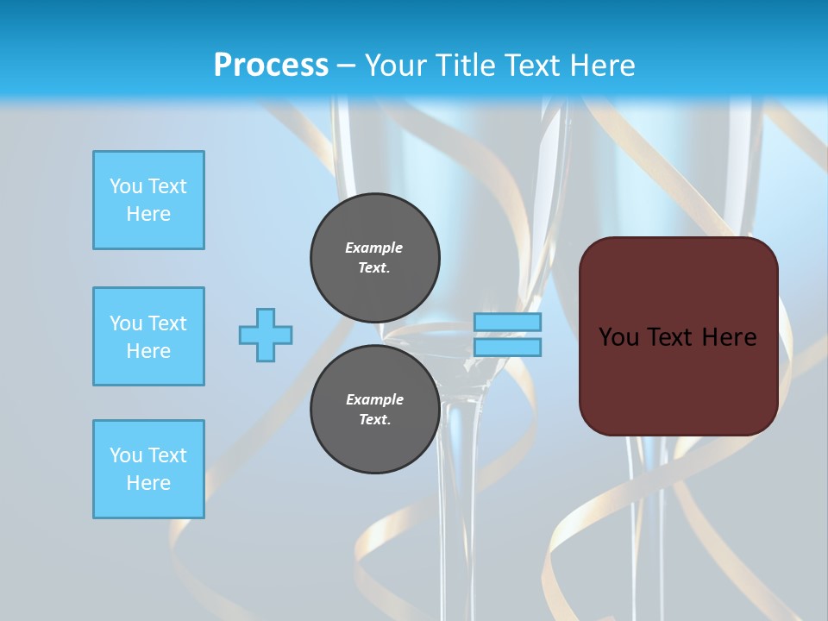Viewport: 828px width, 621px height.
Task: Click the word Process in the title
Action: [271, 66]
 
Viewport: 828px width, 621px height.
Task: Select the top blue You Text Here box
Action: [148, 200]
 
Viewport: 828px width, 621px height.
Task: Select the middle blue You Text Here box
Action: [148, 336]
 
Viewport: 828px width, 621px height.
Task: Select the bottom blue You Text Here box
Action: [148, 469]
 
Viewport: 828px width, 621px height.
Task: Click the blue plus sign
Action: [266, 335]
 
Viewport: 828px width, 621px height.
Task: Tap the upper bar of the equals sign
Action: [507, 323]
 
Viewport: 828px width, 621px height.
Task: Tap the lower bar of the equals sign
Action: [507, 347]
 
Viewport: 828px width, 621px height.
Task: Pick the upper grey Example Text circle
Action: [375, 258]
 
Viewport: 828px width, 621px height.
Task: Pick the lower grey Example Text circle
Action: [375, 410]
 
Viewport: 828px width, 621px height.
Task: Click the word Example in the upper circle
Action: [374, 248]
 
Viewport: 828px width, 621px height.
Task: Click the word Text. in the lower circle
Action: [374, 420]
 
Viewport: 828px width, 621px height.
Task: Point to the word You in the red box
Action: [618, 337]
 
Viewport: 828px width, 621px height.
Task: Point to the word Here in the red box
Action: [729, 337]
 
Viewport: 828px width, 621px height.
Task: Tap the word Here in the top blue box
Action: [148, 214]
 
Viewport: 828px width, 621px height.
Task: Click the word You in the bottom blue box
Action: [126, 455]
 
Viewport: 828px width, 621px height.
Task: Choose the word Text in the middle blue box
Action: [167, 323]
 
